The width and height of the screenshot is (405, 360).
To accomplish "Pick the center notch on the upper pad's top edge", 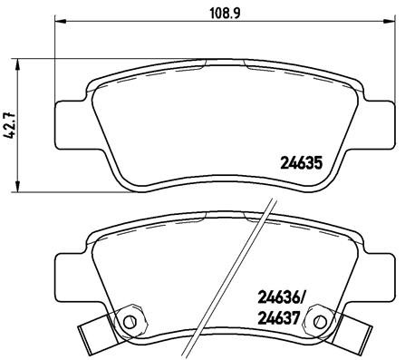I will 223,63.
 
